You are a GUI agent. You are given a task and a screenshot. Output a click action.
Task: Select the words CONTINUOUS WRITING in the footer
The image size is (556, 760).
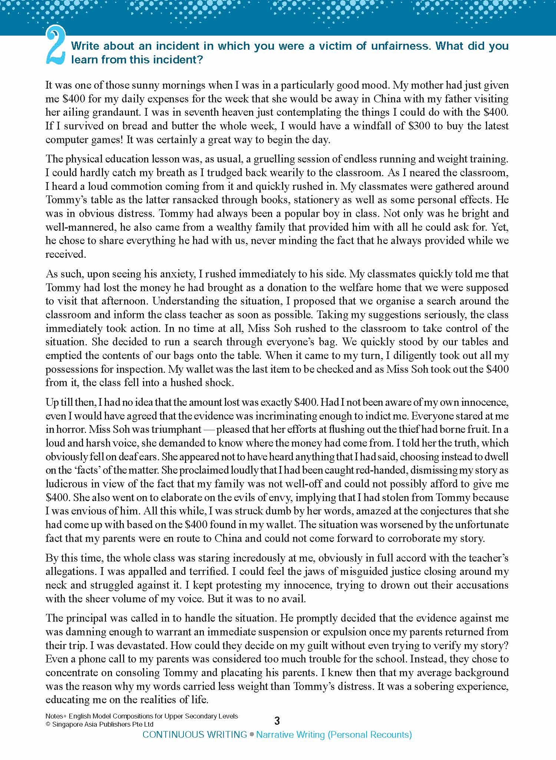tap(195, 734)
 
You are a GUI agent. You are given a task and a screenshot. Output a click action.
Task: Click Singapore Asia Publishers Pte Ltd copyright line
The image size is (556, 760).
tap(99, 724)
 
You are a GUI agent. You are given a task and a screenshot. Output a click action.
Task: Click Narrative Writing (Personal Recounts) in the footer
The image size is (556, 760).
tap(334, 734)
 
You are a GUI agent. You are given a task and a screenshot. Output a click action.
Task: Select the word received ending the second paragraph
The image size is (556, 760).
tap(65, 254)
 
